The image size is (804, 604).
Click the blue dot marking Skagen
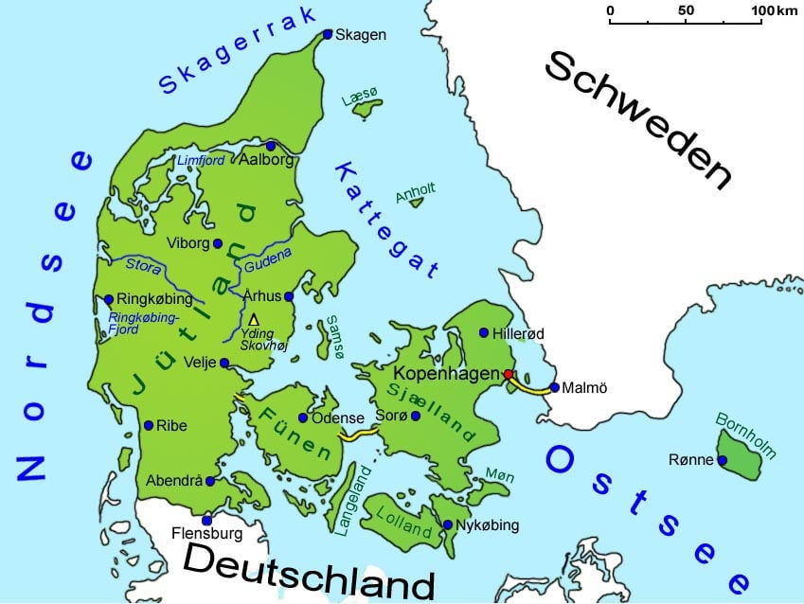click(x=328, y=34)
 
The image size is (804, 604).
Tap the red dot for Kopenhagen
click(x=509, y=374)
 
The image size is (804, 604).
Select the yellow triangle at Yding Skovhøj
click(x=253, y=320)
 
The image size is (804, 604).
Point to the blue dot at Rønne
click(x=722, y=461)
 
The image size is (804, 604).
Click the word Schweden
click(x=640, y=120)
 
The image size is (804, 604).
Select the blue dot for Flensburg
click(x=206, y=520)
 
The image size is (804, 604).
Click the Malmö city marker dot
click(x=554, y=386)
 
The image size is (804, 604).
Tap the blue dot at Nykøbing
click(x=447, y=524)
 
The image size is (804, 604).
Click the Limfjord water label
click(x=201, y=161)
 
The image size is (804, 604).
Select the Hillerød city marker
click(x=484, y=333)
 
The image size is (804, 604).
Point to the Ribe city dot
click(x=149, y=426)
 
